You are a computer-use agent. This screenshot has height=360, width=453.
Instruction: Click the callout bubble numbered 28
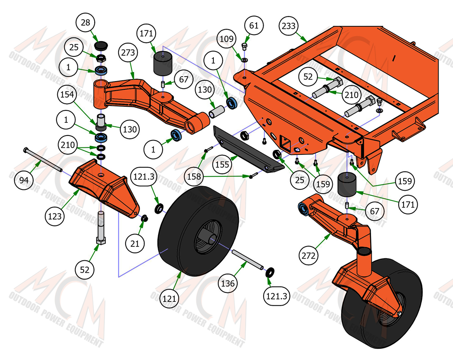pos(86,23)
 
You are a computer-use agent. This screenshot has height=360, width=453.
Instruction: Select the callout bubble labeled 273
pos(128,53)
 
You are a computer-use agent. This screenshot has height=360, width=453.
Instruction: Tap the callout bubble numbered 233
pos(289,26)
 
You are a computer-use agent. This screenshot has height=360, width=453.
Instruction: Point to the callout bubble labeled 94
pos(24,180)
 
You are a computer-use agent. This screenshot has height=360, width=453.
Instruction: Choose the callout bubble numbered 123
pos(55,216)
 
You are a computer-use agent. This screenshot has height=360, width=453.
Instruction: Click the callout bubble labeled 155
pos(222,164)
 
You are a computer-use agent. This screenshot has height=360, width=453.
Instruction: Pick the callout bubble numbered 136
pos(228,283)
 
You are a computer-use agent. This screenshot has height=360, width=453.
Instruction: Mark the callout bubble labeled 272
pos(308,256)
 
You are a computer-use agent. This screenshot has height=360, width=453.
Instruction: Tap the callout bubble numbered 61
pos(254,26)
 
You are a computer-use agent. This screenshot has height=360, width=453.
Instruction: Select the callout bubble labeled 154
pos(67,94)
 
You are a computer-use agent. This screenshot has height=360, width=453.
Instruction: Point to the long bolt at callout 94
pos(43,159)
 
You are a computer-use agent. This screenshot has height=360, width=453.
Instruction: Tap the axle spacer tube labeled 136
pos(248,259)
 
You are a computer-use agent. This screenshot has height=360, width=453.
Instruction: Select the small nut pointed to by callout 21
pos(145,218)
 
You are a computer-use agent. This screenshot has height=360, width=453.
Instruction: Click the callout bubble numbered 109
pos(226,39)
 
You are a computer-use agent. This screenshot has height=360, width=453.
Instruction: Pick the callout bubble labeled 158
pos(194,176)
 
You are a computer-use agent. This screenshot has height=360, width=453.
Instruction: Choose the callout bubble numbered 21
pos(135,244)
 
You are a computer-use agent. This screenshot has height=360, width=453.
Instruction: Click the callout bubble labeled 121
pos(169,299)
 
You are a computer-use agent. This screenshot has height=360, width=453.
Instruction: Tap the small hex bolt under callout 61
pos(244,46)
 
